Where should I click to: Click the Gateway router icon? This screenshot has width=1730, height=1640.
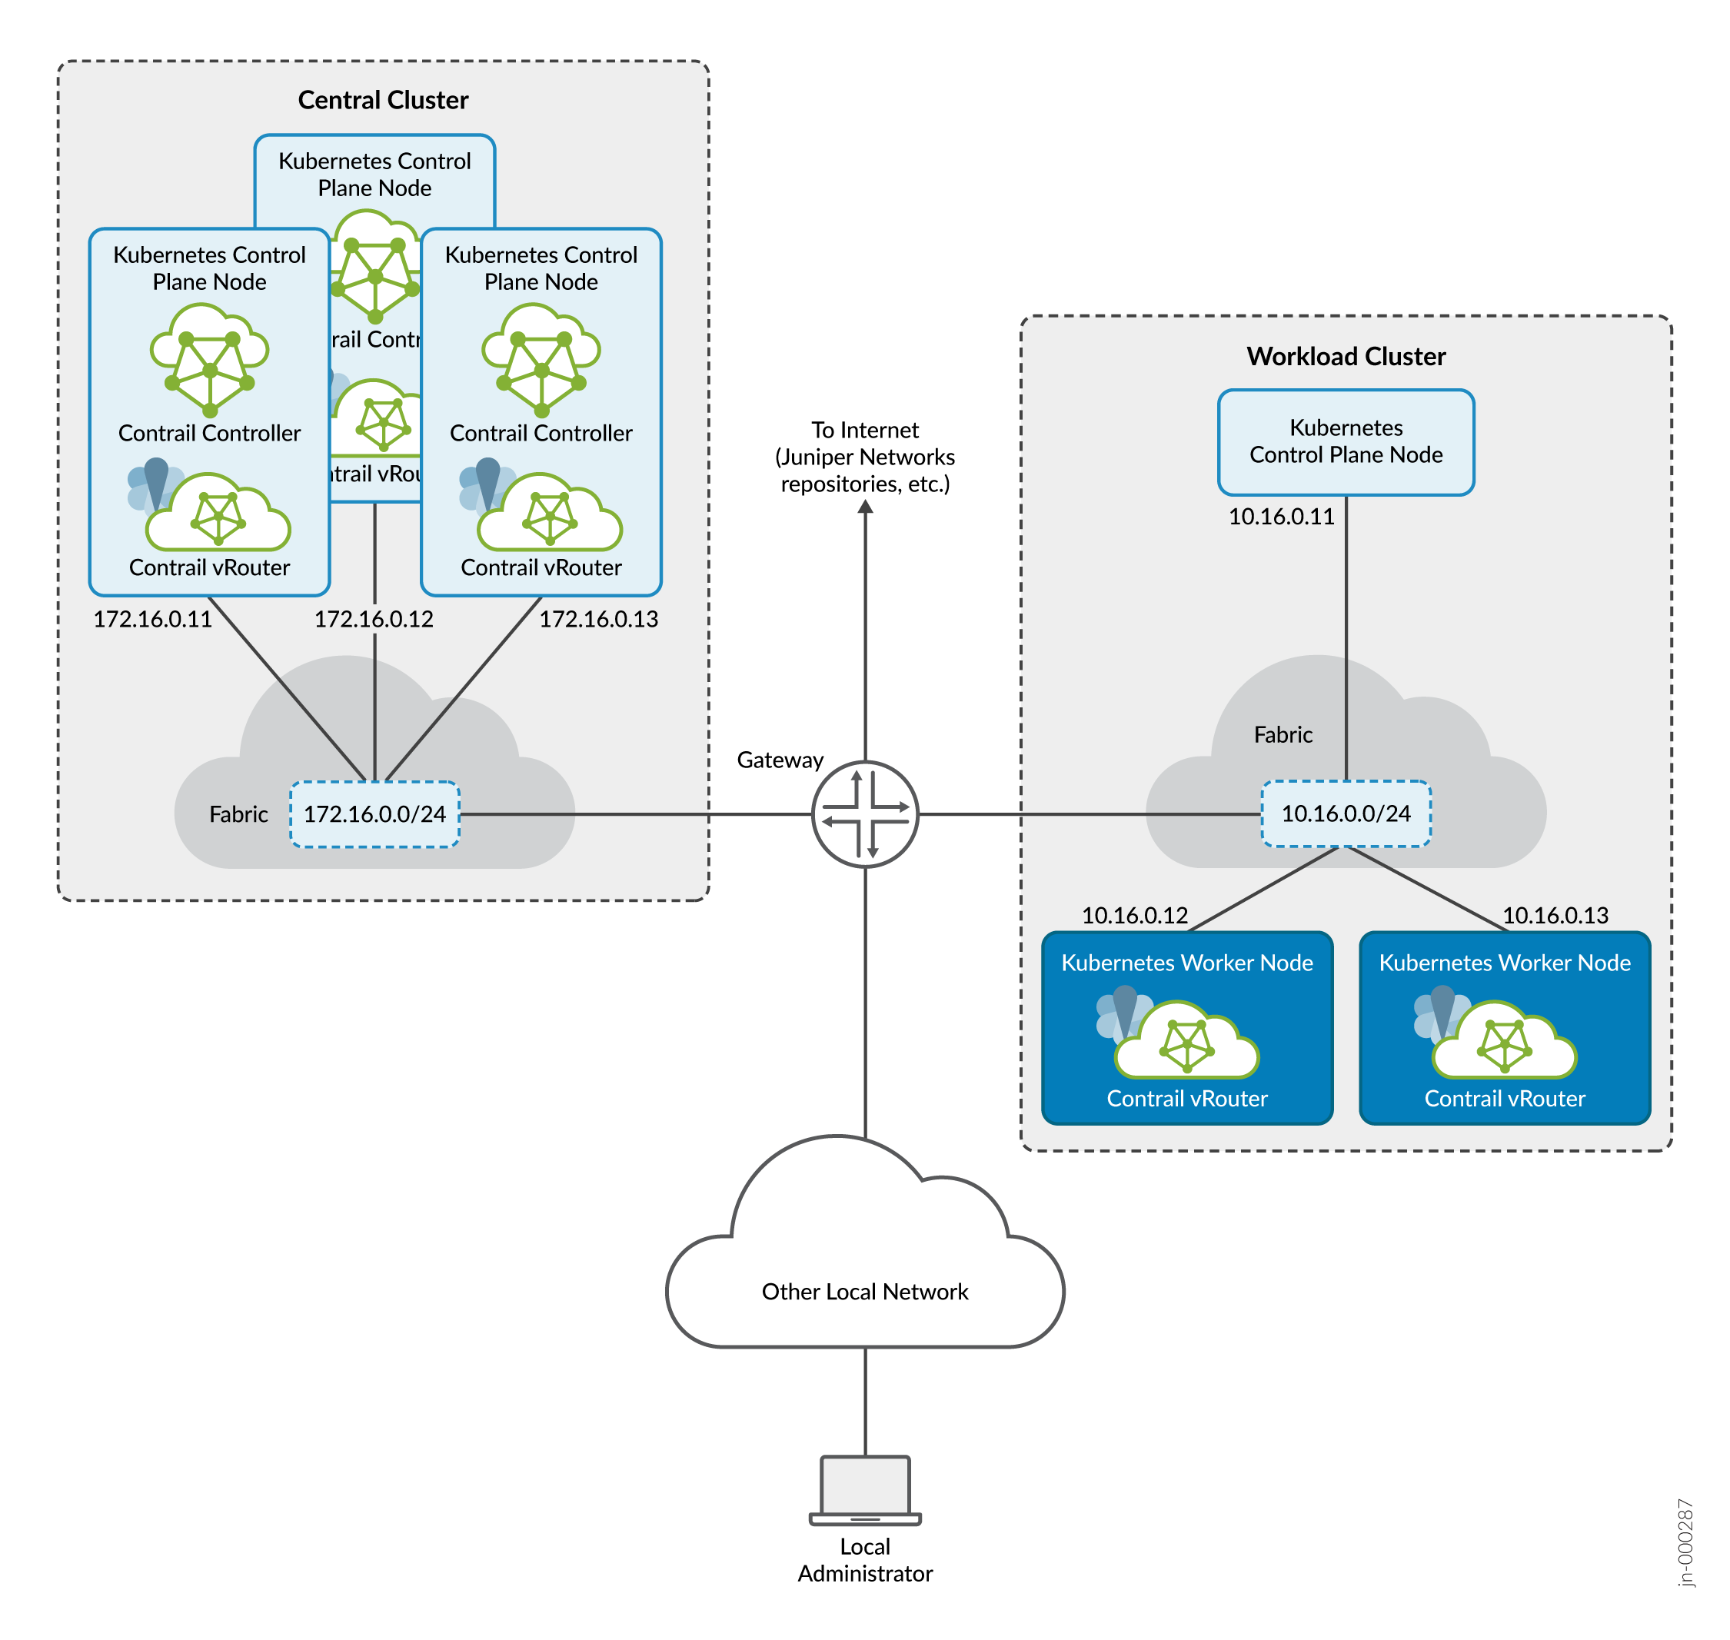click(x=864, y=814)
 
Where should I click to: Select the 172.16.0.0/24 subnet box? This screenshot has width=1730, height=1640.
click(x=374, y=814)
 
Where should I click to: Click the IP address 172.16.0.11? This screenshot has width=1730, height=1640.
click(x=152, y=619)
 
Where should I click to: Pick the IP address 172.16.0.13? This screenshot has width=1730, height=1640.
click(x=598, y=619)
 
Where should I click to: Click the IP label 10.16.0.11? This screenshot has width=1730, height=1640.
click(x=1281, y=517)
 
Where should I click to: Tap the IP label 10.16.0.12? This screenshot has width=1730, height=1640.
click(x=1134, y=915)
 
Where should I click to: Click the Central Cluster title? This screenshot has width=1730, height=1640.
click(x=383, y=100)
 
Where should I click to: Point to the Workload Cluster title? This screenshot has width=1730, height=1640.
click(x=1346, y=357)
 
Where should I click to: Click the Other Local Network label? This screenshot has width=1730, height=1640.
click(x=864, y=1291)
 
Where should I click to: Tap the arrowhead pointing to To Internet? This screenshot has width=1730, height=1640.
click(x=864, y=507)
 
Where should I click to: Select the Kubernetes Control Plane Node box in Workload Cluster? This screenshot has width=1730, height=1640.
click(x=1346, y=441)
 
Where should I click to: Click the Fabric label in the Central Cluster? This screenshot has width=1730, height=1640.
click(x=238, y=814)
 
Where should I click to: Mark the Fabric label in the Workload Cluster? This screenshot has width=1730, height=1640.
click(x=1283, y=734)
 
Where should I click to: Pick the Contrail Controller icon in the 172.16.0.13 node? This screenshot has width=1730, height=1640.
click(x=541, y=360)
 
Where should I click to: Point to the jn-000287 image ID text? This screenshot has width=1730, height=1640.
click(x=1685, y=1542)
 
